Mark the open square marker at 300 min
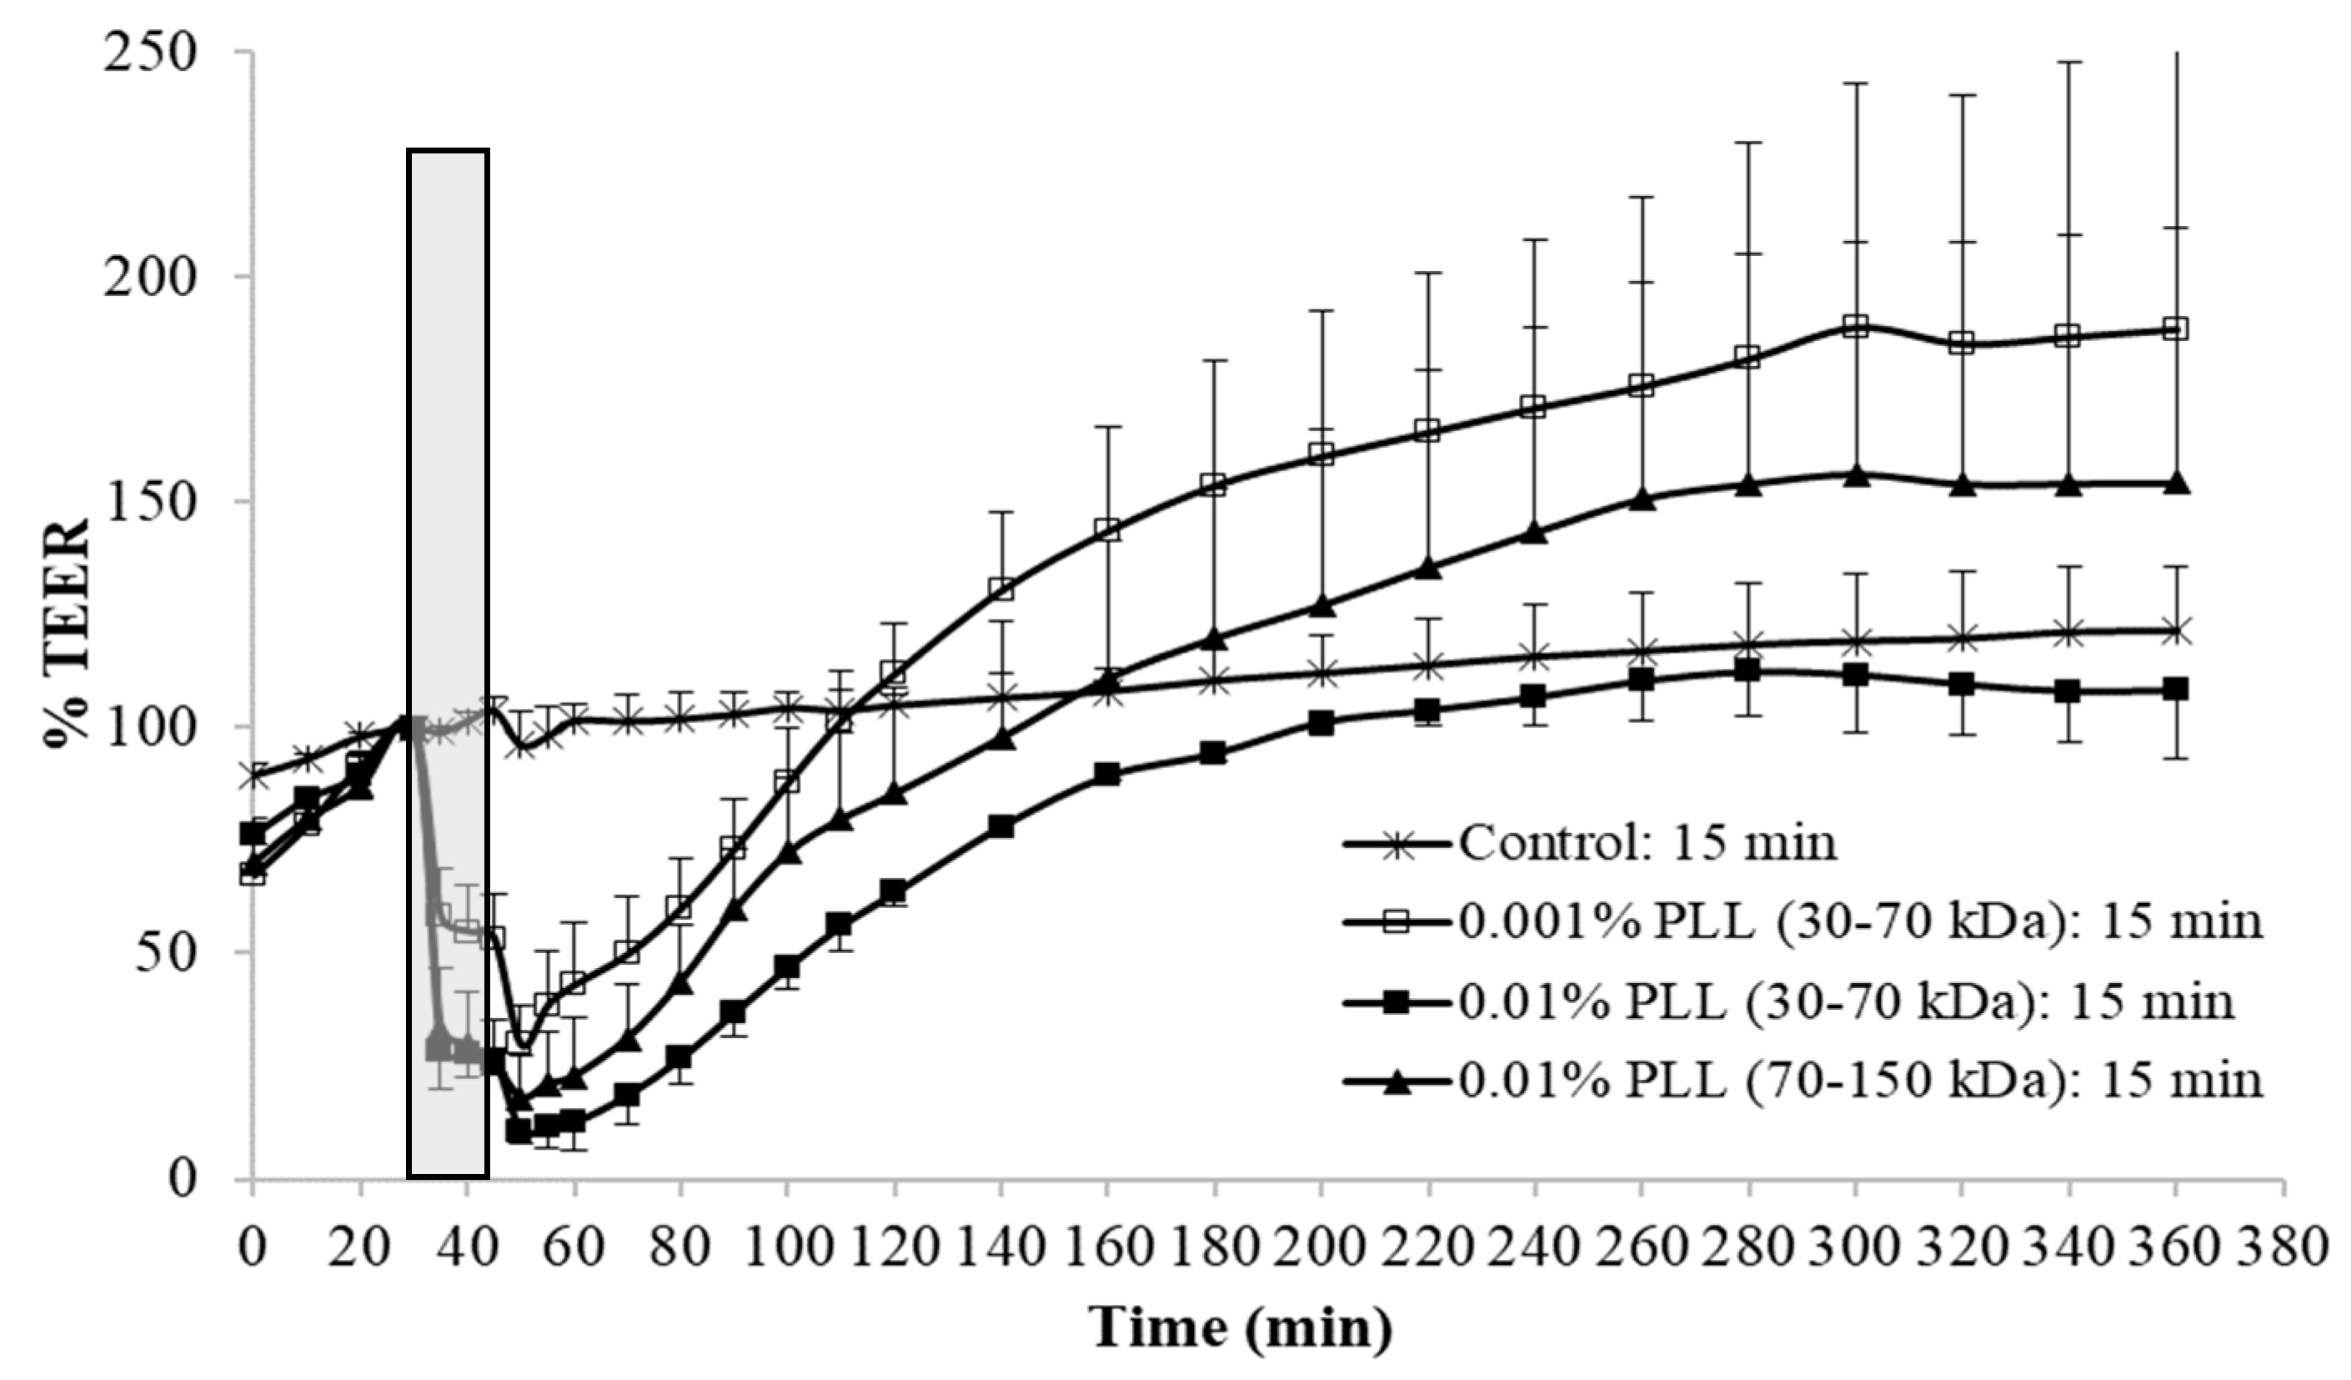click(x=1856, y=326)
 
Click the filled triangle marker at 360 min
click(x=2176, y=483)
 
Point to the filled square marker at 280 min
click(x=1747, y=670)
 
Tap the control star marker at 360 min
click(x=2176, y=630)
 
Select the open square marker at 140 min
click(x=1001, y=589)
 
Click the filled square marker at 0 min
click(x=253, y=832)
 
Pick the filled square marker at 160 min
click(x=1107, y=774)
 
